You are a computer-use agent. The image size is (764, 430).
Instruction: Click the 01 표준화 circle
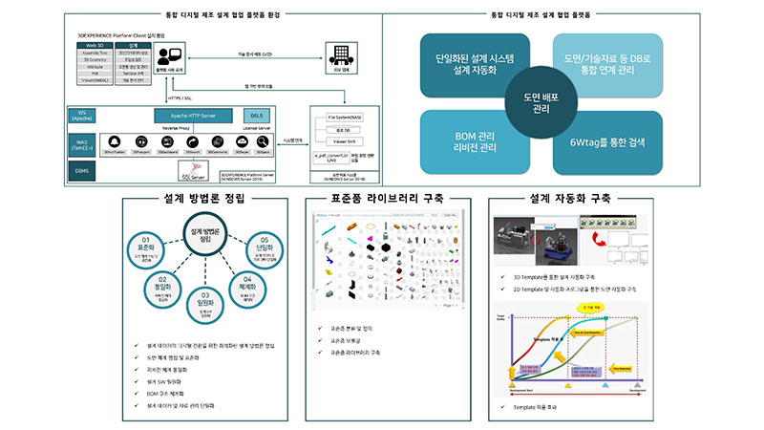coord(146,244)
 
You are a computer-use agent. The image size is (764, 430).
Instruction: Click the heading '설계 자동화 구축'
coord(571,199)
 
